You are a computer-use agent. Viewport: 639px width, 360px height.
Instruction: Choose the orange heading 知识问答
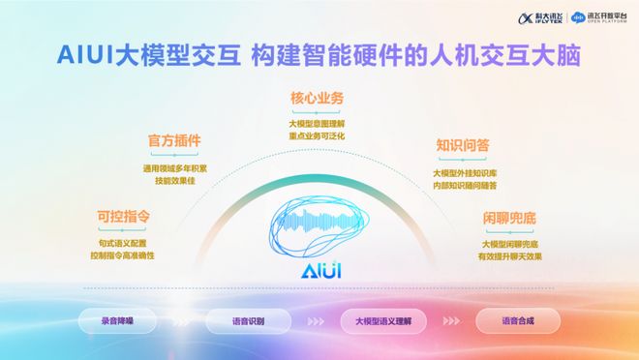[x=462, y=145]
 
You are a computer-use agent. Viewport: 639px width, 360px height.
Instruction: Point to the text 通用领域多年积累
[x=174, y=167]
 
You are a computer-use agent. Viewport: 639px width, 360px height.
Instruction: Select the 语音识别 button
[x=249, y=320]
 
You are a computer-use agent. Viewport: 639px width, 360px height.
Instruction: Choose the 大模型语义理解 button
[x=384, y=320]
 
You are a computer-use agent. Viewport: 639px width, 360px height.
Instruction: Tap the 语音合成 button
[x=517, y=320]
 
